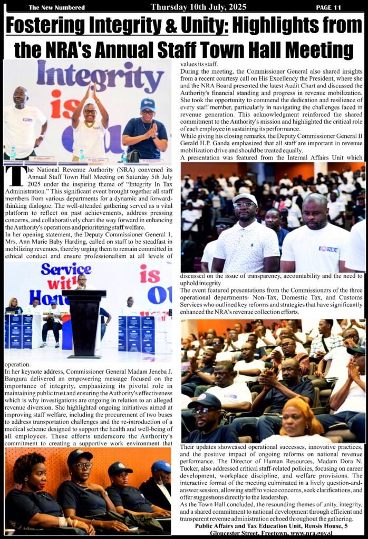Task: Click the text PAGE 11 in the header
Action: coord(328,7)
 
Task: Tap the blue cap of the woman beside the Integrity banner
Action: coord(148,103)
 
